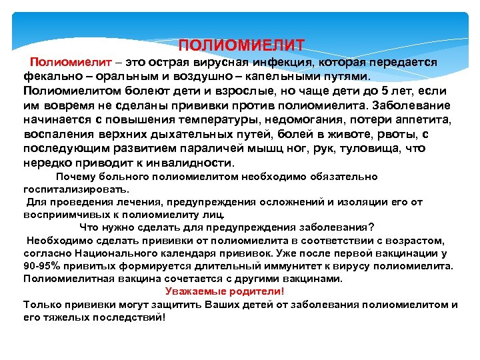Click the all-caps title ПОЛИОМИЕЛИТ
(x=241, y=46)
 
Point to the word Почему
(x=75, y=177)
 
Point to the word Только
(x=42, y=305)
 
